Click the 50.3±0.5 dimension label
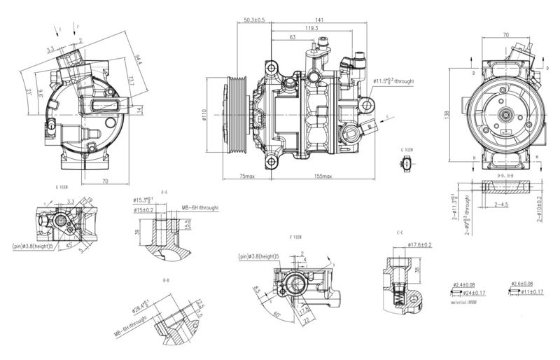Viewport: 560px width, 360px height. pyautogui.click(x=253, y=20)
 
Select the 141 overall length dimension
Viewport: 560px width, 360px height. pyautogui.click(x=319, y=20)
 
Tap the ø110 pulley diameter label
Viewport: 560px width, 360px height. pyautogui.click(x=204, y=114)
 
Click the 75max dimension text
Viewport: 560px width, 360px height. pyautogui.click(x=246, y=176)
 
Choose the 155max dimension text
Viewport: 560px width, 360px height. pyautogui.click(x=323, y=176)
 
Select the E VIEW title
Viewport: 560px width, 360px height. pyautogui.click(x=62, y=187)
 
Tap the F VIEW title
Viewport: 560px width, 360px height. pyautogui.click(x=296, y=238)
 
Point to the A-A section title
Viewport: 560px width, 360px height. pyautogui.click(x=164, y=191)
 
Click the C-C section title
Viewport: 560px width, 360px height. pyautogui.click(x=400, y=232)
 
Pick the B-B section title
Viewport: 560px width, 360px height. pyautogui.click(x=166, y=280)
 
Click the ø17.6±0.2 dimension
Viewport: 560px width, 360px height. pyautogui.click(x=421, y=244)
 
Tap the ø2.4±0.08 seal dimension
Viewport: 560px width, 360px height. pyautogui.click(x=468, y=284)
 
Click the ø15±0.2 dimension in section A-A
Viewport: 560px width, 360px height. pyautogui.click(x=144, y=209)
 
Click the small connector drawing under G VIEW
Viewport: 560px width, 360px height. pyautogui.click(x=407, y=165)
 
